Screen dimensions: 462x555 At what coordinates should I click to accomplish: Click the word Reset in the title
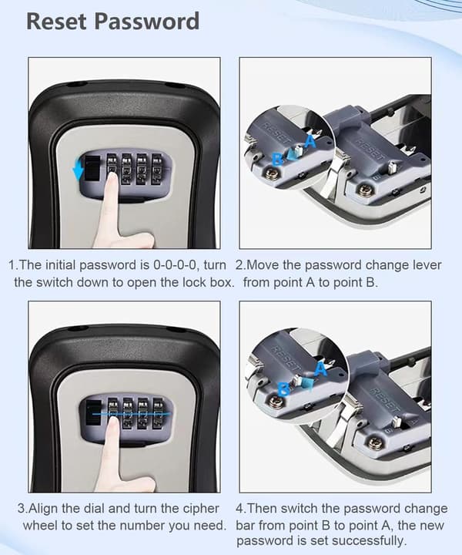56,22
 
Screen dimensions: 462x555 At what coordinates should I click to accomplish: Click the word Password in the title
147,22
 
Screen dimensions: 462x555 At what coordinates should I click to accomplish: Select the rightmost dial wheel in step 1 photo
156,169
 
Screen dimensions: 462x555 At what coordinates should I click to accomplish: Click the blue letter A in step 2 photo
310,141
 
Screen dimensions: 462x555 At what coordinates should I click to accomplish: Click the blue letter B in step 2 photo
278,159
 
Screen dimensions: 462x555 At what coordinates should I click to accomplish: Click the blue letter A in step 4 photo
321,369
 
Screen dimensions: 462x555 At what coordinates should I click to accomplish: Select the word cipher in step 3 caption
201,509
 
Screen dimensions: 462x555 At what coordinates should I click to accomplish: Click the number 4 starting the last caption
239,509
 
